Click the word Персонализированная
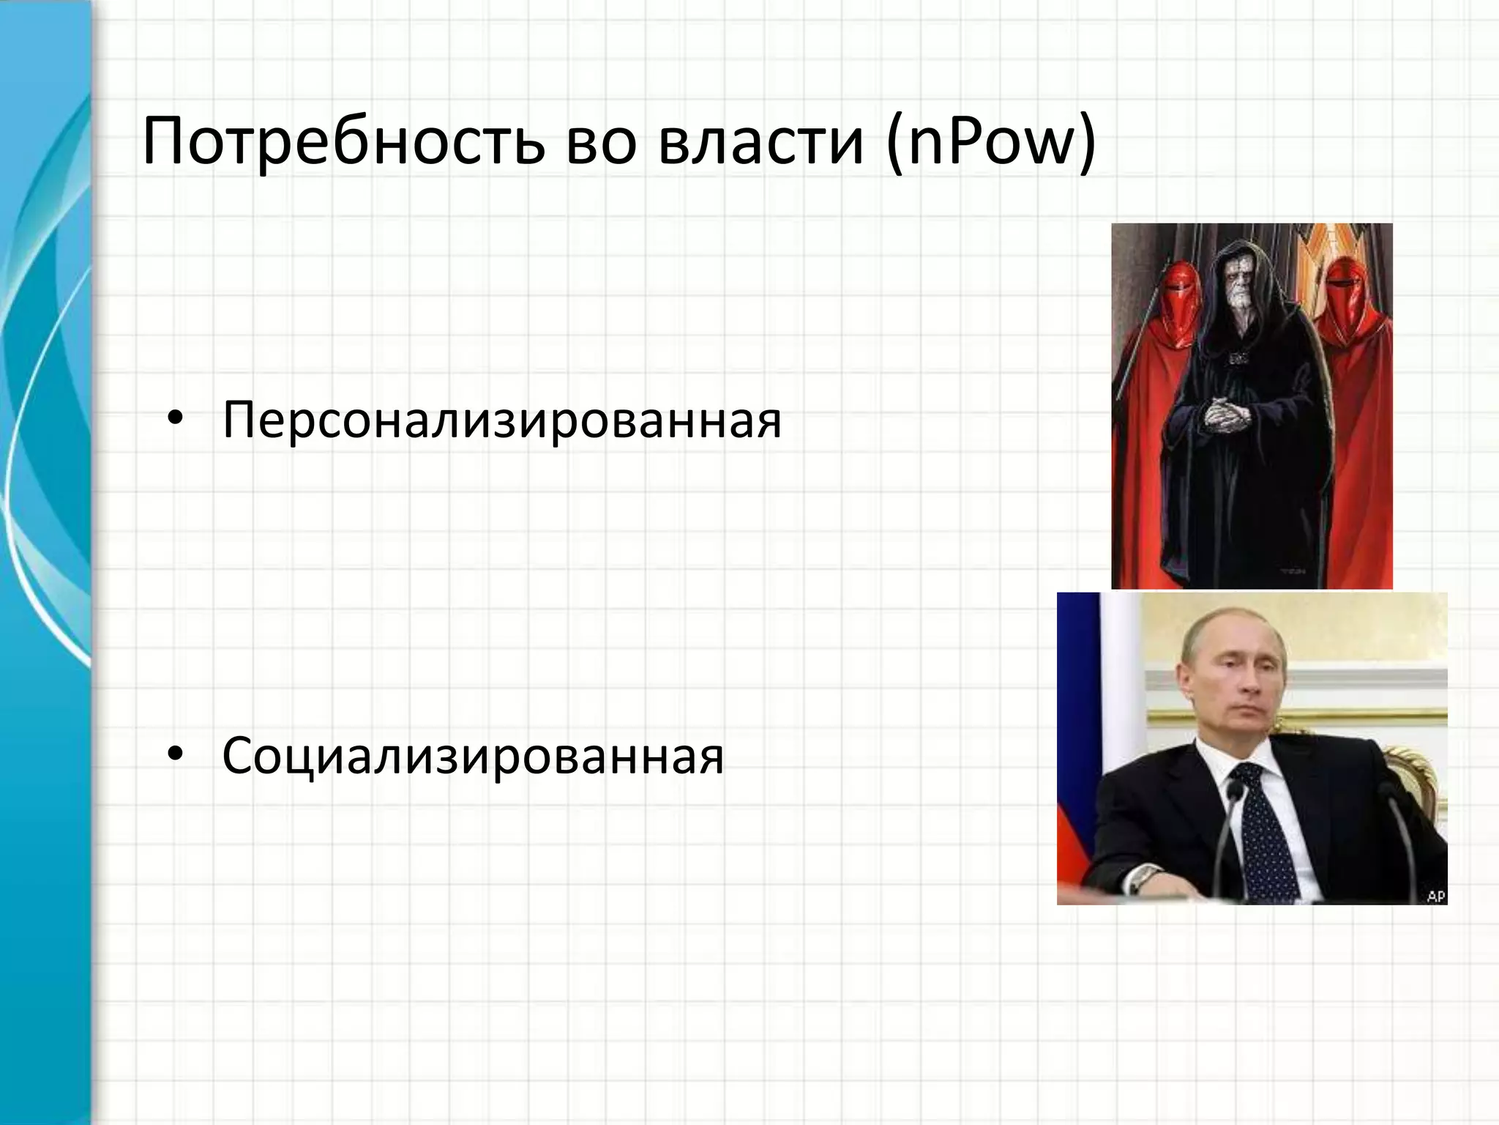click(x=502, y=420)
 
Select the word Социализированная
click(x=473, y=756)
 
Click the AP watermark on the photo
click(x=1435, y=894)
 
